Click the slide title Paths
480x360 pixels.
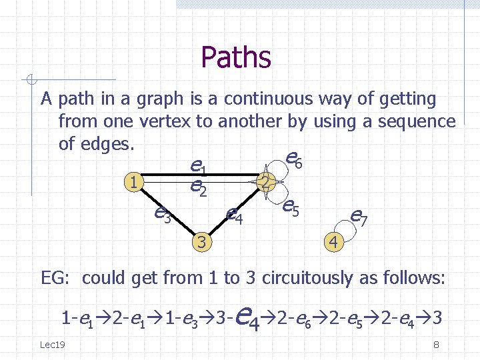click(236, 57)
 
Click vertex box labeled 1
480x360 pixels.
click(135, 181)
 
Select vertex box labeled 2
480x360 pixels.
click(266, 181)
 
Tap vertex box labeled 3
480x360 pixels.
click(201, 241)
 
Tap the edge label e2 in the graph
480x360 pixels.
click(198, 189)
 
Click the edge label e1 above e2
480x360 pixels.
click(198, 165)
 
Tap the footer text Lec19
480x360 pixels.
click(52, 344)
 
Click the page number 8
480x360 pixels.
click(435, 345)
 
